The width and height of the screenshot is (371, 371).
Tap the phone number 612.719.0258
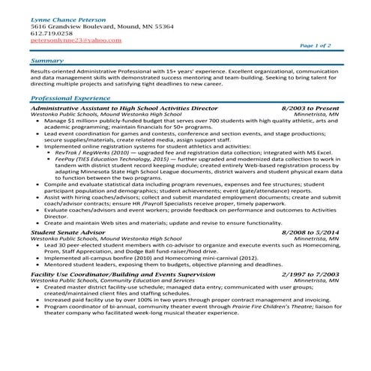coord(52,34)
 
